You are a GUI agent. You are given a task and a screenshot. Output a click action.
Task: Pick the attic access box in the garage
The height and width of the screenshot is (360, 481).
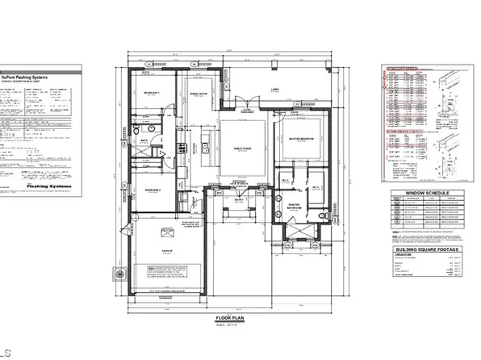click(168, 235)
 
